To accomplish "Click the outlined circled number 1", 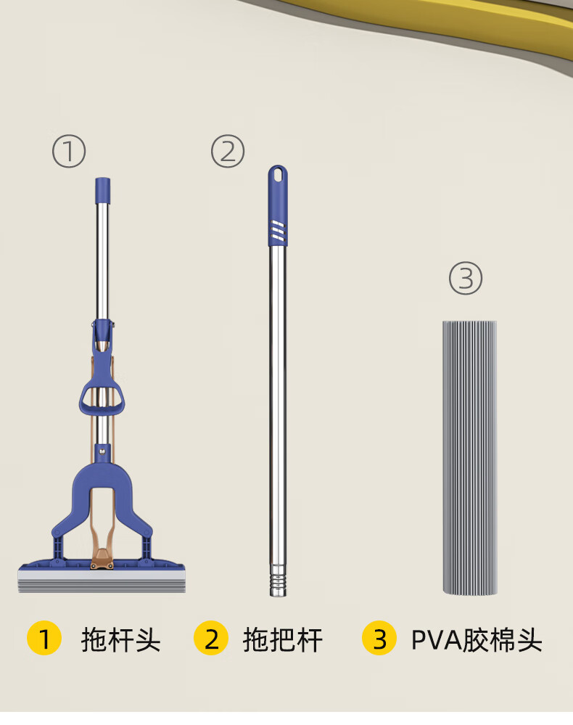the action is coord(69,151).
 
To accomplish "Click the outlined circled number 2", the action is coord(228,151).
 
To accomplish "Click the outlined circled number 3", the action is coord(466,279).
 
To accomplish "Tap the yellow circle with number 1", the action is coord(44,638).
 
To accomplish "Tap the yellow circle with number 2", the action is coord(211,638).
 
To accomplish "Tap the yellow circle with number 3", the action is coord(379,638).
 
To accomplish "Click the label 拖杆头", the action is coord(120,640).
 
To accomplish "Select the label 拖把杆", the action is coord(282,640).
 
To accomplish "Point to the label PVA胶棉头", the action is coord(477,640).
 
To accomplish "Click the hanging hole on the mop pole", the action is coord(278,174).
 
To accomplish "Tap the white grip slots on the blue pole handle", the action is coord(278,230).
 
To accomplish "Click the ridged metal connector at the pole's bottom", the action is coord(279,580).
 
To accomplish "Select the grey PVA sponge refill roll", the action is coord(469,457).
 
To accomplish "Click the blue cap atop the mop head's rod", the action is coord(102,190).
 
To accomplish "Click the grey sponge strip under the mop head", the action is coord(102,581).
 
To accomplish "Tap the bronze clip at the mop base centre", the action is coord(102,560).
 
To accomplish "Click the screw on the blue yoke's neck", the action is coord(102,448).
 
